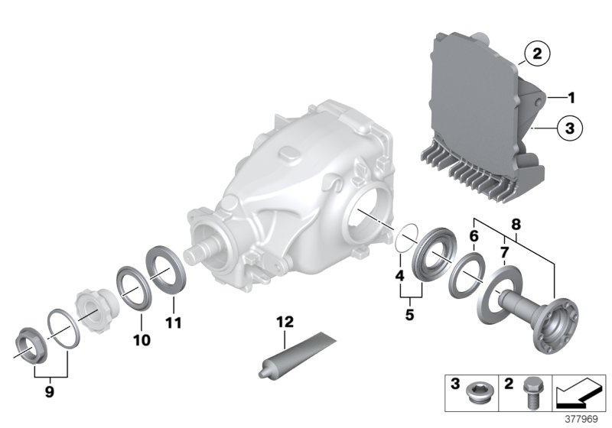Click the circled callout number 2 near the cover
536,53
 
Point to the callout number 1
571,98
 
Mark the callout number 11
174,323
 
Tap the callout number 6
474,238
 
